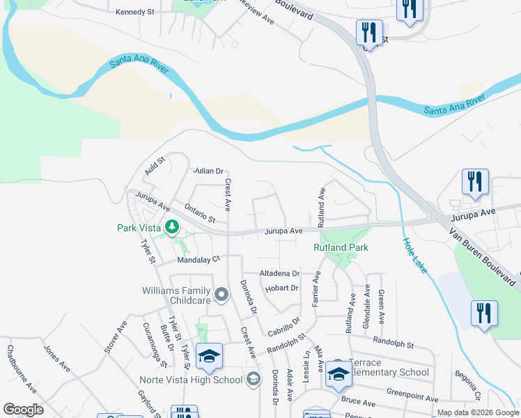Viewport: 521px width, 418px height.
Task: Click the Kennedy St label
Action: [134, 12]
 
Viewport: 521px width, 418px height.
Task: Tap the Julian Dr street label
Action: [208, 171]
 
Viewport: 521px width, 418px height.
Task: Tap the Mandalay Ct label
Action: [199, 258]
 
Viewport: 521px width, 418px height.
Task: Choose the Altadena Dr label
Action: [279, 274]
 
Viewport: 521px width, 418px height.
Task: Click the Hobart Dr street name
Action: [281, 288]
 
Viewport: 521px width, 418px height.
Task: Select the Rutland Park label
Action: [340, 247]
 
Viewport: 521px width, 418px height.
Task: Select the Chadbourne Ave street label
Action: [22, 376]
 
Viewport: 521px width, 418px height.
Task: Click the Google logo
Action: [24, 410]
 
